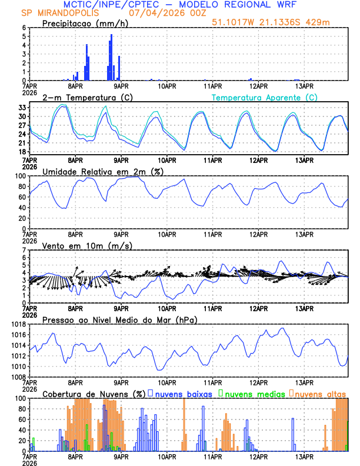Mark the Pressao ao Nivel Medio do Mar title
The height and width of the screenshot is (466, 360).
pyautogui.click(x=119, y=319)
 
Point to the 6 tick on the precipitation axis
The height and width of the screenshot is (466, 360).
pyautogui.click(x=23, y=28)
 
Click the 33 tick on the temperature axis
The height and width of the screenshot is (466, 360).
pyautogui.click(x=21, y=108)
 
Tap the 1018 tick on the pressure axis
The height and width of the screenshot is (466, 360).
pyautogui.click(x=18, y=324)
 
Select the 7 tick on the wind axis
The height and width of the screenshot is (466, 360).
pyautogui.click(x=23, y=250)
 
